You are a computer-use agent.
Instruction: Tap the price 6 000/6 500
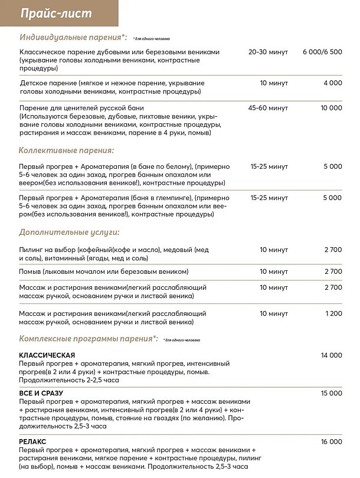point(322,52)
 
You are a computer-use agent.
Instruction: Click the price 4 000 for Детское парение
point(332,83)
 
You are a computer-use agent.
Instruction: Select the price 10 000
point(331,108)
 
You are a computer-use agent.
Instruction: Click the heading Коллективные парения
point(66,150)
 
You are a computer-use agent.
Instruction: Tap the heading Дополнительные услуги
point(69,233)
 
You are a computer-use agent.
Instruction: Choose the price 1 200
point(333,313)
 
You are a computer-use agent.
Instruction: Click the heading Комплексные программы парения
point(89,339)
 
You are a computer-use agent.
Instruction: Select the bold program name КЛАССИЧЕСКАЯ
point(47,355)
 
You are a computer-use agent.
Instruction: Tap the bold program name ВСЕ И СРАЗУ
point(41,393)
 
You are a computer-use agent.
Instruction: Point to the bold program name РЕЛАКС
point(32,441)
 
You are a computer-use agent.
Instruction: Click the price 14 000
point(331,355)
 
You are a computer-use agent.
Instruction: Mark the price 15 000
point(331,393)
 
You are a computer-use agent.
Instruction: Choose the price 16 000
point(331,441)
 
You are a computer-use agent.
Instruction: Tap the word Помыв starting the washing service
point(30,271)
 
